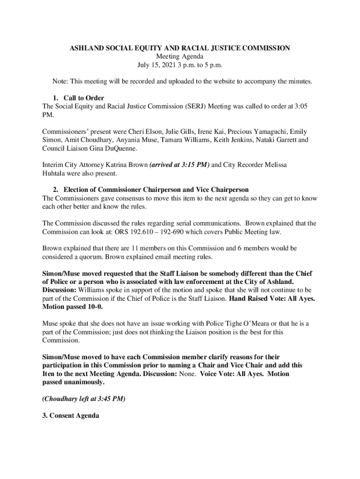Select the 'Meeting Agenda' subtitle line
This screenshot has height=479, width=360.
[180, 57]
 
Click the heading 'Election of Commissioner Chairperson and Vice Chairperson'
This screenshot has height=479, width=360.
[156, 190]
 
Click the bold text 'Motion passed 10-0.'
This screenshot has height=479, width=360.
[72, 307]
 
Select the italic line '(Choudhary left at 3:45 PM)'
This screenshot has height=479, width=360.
[84, 399]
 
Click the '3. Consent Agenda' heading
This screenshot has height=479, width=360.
[71, 416]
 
